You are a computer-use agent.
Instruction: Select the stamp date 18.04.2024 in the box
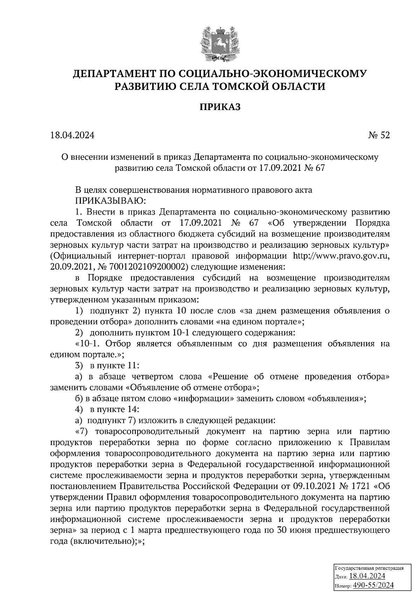[367, 576]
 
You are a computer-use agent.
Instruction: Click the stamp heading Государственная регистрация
[370, 568]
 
